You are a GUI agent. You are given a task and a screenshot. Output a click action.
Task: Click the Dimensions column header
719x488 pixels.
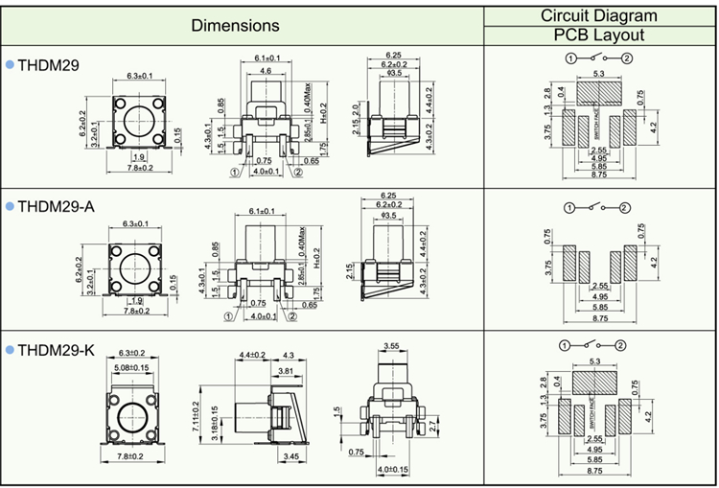[236, 26]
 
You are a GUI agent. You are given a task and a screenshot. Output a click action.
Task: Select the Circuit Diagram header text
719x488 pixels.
[599, 15]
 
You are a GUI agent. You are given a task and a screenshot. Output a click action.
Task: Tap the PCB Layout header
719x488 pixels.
[599, 35]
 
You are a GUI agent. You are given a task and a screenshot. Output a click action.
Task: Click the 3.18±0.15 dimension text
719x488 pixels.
[214, 419]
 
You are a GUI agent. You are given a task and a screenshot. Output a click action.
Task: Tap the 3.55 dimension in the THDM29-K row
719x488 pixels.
[390, 345]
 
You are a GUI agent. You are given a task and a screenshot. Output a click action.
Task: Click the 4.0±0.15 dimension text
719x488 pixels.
[392, 470]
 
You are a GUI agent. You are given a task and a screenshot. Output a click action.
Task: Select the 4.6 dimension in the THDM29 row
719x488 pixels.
[265, 72]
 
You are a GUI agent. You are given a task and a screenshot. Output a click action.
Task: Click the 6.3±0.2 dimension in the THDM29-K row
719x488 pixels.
[130, 353]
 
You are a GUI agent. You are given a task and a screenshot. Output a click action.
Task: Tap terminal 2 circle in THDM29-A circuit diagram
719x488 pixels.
[624, 207]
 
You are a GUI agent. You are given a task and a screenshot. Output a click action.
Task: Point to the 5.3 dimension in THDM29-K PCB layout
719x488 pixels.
[599, 361]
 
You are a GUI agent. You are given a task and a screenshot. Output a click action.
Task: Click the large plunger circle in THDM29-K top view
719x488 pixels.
[132, 418]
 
